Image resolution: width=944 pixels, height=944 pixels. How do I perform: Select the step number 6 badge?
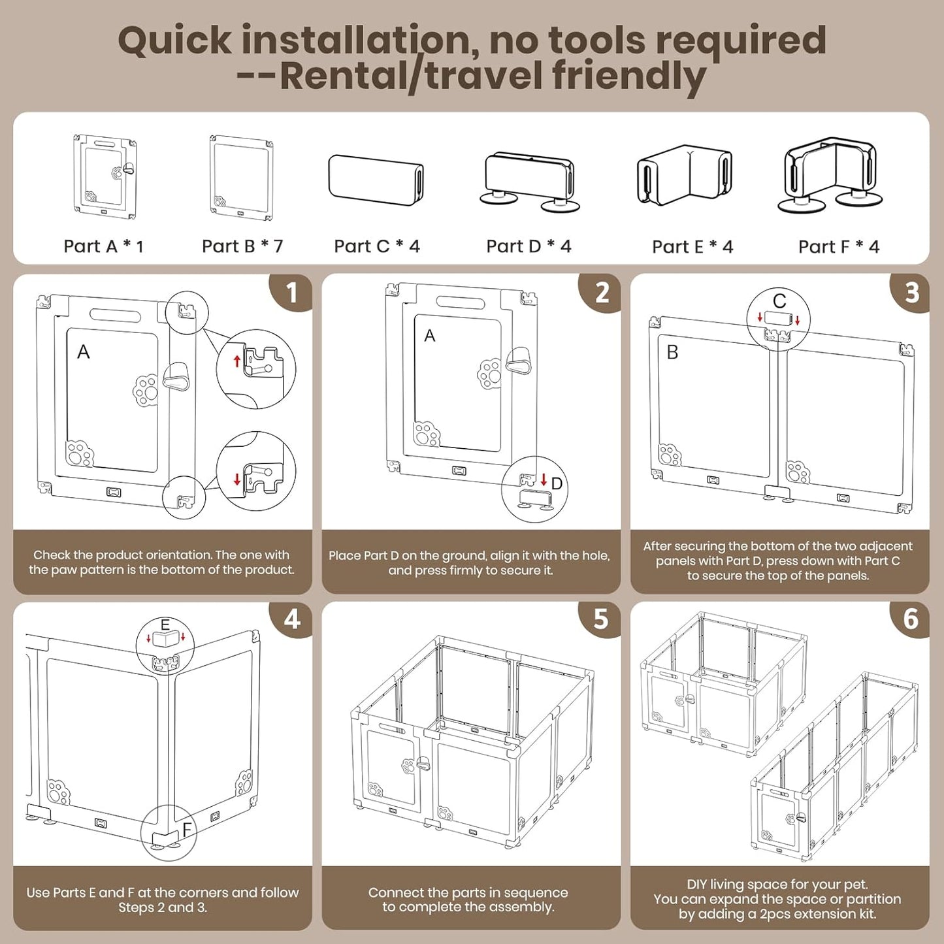point(910,620)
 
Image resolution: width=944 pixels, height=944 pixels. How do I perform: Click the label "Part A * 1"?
point(103,246)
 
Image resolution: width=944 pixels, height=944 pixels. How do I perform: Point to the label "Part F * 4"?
point(839,246)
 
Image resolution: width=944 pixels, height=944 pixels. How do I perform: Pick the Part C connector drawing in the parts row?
point(376,180)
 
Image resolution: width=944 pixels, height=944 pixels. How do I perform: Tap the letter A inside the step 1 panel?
point(83,351)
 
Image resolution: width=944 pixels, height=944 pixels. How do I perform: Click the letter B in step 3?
point(672,352)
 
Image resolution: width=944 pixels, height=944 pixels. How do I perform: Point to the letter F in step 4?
point(187,830)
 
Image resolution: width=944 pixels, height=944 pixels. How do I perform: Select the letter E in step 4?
point(165,625)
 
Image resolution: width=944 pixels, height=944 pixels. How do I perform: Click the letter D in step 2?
point(557,483)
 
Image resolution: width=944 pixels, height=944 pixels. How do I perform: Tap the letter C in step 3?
point(779,301)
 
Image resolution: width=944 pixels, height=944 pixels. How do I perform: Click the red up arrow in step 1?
point(237,361)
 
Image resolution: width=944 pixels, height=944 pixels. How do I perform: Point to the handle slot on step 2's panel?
point(461,302)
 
